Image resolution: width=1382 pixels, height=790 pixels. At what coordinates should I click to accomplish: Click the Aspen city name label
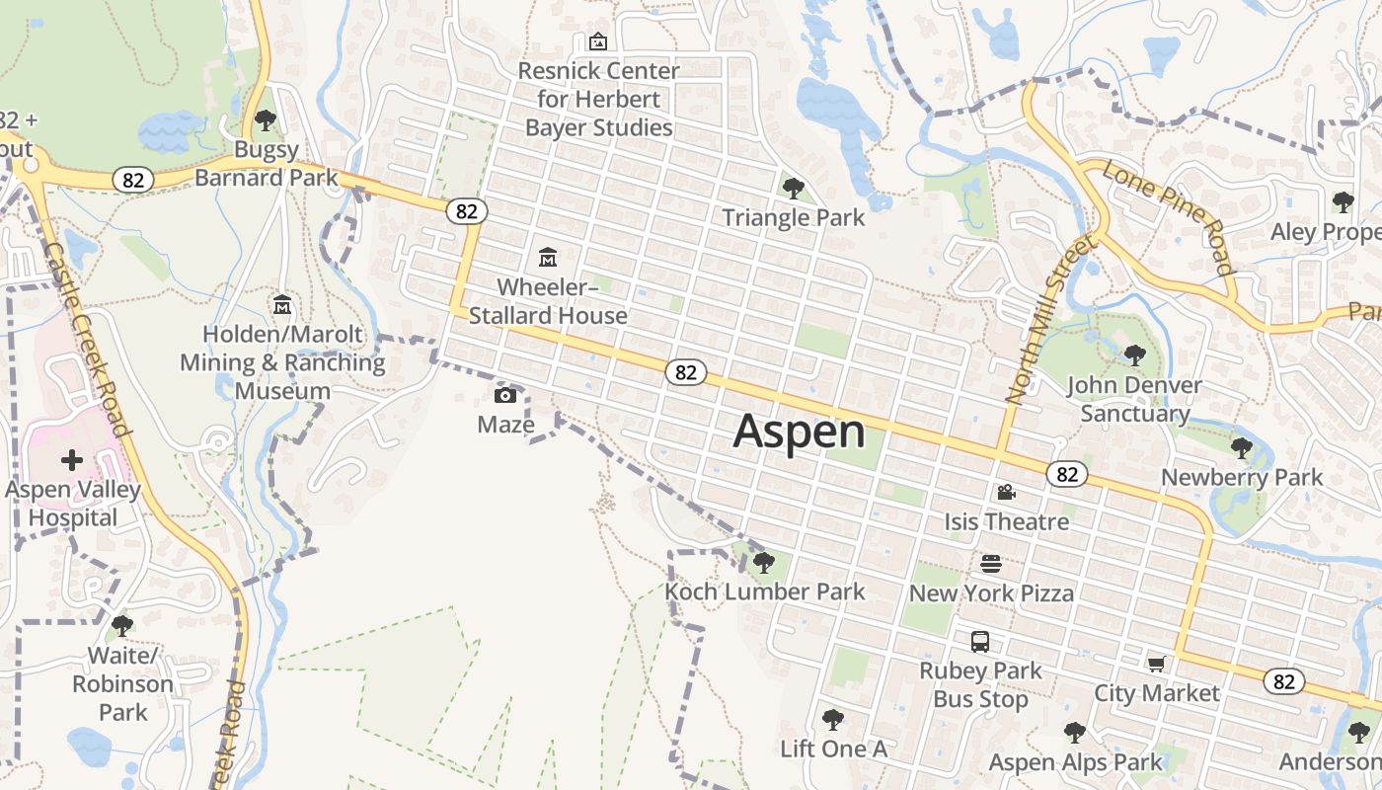pyautogui.click(x=799, y=433)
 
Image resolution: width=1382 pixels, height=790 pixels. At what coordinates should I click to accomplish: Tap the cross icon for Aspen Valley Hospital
pyautogui.click(x=72, y=460)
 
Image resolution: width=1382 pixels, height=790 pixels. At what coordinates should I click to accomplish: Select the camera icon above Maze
pyautogui.click(x=505, y=396)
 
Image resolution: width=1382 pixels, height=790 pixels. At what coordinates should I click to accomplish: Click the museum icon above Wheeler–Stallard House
pyautogui.click(x=548, y=258)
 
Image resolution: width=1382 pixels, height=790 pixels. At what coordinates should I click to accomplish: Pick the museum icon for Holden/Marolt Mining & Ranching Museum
pyautogui.click(x=282, y=304)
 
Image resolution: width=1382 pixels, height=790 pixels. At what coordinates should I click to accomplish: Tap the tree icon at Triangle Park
pyautogui.click(x=793, y=188)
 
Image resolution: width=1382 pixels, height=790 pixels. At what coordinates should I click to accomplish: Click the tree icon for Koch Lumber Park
pyautogui.click(x=763, y=563)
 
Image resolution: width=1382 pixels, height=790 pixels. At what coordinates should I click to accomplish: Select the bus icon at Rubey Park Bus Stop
pyautogui.click(x=980, y=642)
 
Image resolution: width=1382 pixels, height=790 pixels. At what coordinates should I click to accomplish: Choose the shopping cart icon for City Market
pyautogui.click(x=1156, y=664)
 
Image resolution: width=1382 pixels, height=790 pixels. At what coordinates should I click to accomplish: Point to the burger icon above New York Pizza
pyautogui.click(x=991, y=564)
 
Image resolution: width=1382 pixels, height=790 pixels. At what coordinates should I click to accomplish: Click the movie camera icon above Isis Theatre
pyautogui.click(x=1006, y=492)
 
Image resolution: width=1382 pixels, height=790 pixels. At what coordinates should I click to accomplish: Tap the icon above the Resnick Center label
pyautogui.click(x=597, y=41)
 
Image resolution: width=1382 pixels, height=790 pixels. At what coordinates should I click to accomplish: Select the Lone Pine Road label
pyautogui.click(x=1169, y=218)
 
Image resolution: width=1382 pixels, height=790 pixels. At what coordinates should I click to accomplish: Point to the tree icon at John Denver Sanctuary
pyautogui.click(x=1134, y=355)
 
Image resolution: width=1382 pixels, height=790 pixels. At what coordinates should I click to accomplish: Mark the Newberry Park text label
pyautogui.click(x=1242, y=478)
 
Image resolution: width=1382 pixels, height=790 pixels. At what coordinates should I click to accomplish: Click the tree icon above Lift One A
pyautogui.click(x=833, y=720)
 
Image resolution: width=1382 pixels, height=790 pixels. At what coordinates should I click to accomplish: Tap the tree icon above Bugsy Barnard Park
pyautogui.click(x=265, y=120)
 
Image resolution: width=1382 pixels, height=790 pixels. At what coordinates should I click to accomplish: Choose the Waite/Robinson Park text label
pyautogui.click(x=123, y=683)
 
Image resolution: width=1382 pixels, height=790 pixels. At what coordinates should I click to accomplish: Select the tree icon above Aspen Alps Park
pyautogui.click(x=1075, y=733)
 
